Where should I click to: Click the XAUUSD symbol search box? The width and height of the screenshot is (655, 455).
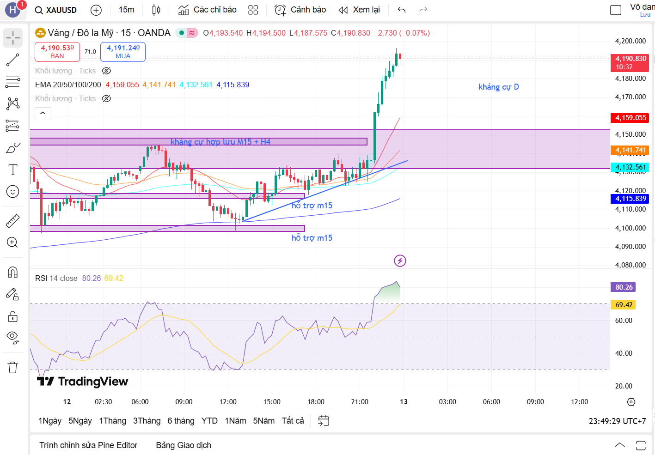pyautogui.click(x=56, y=10)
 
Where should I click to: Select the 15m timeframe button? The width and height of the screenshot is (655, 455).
pyautogui.click(x=126, y=10)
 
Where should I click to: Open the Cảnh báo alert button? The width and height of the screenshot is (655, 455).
pyautogui.click(x=300, y=10)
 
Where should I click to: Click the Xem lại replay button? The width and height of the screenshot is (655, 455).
pyautogui.click(x=359, y=10)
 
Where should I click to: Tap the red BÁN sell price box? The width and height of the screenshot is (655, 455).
pyautogui.click(x=57, y=51)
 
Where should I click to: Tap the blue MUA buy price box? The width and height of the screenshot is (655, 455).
pyautogui.click(x=123, y=51)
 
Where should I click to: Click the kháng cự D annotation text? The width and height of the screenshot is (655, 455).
pyautogui.click(x=498, y=87)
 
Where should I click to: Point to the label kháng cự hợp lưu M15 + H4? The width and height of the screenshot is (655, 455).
pyautogui.click(x=220, y=142)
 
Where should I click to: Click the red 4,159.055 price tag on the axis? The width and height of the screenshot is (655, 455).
pyautogui.click(x=631, y=118)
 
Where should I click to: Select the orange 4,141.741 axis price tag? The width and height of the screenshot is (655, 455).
pyautogui.click(x=631, y=150)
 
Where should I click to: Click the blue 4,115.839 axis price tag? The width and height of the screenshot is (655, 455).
pyautogui.click(x=631, y=199)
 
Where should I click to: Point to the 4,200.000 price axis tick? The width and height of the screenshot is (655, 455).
pyautogui.click(x=630, y=41)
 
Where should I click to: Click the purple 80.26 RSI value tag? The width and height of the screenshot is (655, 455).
pyautogui.click(x=624, y=287)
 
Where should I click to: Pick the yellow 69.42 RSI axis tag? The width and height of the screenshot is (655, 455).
pyautogui.click(x=624, y=305)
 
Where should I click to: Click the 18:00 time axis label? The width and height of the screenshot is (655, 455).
pyautogui.click(x=316, y=402)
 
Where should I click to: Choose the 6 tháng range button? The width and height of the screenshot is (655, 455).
pyautogui.click(x=181, y=421)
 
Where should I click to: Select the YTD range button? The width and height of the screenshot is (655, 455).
pyautogui.click(x=209, y=421)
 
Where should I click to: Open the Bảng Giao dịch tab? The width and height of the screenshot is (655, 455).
pyautogui.click(x=184, y=445)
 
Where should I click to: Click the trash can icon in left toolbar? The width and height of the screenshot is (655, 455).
pyautogui.click(x=13, y=368)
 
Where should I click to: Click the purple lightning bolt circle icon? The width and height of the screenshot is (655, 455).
pyautogui.click(x=400, y=261)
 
